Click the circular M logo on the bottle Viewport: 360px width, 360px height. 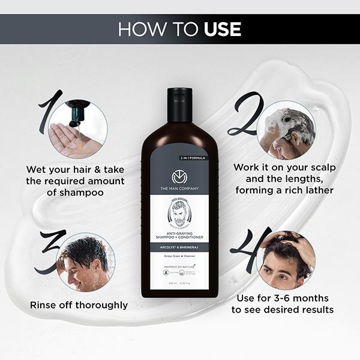[179, 178]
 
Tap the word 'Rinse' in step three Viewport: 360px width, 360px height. [44, 305]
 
